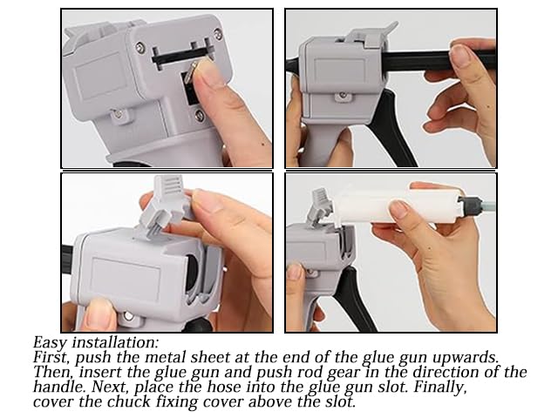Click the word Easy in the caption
tap(50, 342)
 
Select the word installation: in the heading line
tap(115, 342)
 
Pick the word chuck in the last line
tap(128, 401)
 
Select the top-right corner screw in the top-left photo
tap(217, 34)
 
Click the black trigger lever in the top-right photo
tap(394, 128)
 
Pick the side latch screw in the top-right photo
tap(343, 95)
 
